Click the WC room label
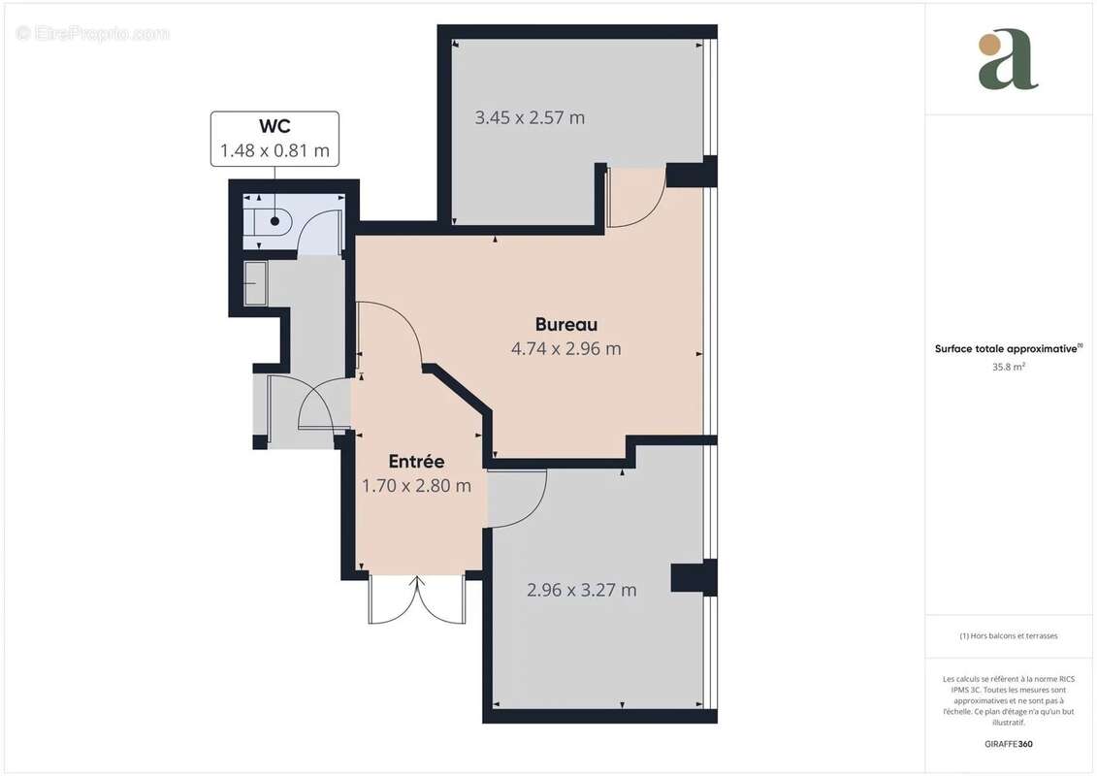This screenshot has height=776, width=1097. click(x=274, y=126)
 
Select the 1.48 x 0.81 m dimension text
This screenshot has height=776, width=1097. click(x=274, y=150)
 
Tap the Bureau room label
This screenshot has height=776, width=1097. click(x=566, y=325)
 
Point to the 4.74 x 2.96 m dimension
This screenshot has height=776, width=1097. click(x=566, y=348)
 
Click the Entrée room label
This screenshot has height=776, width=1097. click(x=416, y=462)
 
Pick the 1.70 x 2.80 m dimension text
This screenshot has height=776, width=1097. click(x=416, y=486)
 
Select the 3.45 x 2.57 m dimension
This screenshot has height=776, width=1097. click(x=530, y=117)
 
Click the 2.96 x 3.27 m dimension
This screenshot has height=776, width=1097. click(x=581, y=590)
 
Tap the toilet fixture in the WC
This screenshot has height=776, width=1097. click(x=266, y=222)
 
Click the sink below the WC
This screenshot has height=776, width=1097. click(x=255, y=282)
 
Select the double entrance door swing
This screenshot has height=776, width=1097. click(x=417, y=599)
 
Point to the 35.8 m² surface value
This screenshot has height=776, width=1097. click(x=1008, y=367)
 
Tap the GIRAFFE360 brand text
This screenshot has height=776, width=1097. click(x=1008, y=744)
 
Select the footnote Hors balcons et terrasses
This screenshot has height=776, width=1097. click(x=1008, y=636)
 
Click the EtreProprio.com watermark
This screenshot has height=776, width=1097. click(x=92, y=33)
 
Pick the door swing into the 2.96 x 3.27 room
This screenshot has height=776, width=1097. click(x=517, y=498)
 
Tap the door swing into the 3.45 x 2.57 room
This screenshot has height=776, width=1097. click(x=635, y=198)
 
